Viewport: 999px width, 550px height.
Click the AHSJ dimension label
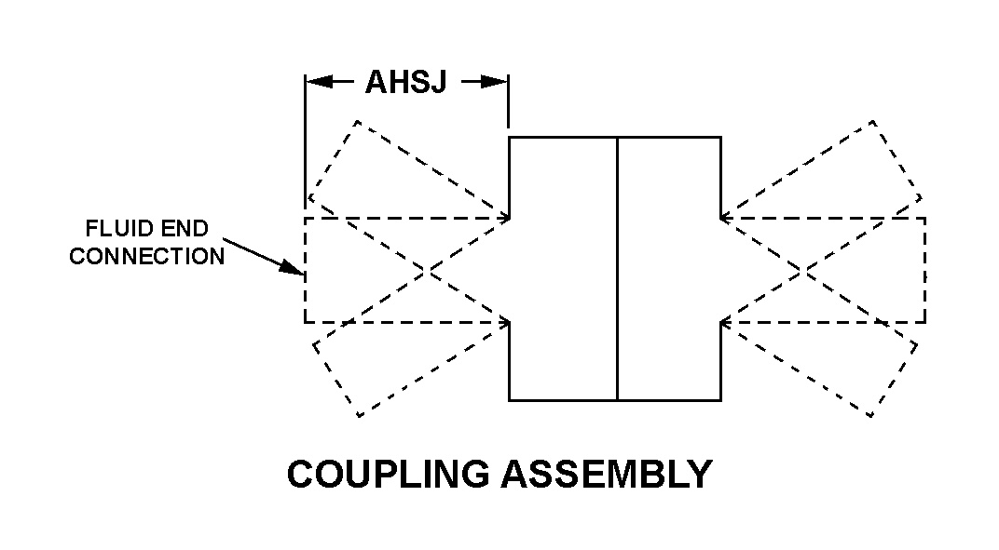[x=406, y=83]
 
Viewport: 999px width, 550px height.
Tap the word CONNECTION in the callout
[x=147, y=257]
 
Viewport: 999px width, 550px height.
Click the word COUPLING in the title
[x=388, y=475]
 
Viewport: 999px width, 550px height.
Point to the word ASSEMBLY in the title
[x=607, y=475]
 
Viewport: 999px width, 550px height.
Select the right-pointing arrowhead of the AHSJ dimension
[x=495, y=83]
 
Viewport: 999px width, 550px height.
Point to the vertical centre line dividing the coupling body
[x=617, y=270]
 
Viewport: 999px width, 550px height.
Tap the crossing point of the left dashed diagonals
[x=428, y=270]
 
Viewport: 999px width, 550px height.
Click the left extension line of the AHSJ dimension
[x=305, y=140]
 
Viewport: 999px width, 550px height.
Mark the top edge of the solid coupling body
[x=614, y=138]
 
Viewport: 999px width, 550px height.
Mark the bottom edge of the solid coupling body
[x=614, y=400]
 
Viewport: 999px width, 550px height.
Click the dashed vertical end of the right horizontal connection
[x=925, y=270]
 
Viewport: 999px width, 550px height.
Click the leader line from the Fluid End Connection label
[x=256, y=252]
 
